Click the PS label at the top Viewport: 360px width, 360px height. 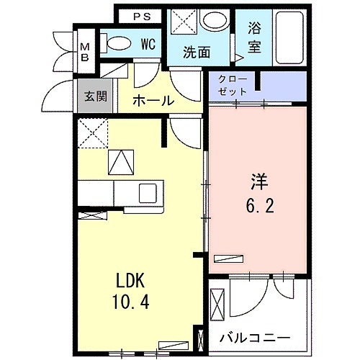point(140,16)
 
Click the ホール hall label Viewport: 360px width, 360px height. point(153,101)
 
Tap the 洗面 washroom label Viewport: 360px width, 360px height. point(196,52)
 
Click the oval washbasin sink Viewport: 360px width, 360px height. point(213,21)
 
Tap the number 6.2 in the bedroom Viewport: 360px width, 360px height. point(259,206)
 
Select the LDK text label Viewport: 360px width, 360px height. point(132,278)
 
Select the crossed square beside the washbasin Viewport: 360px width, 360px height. point(183,21)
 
